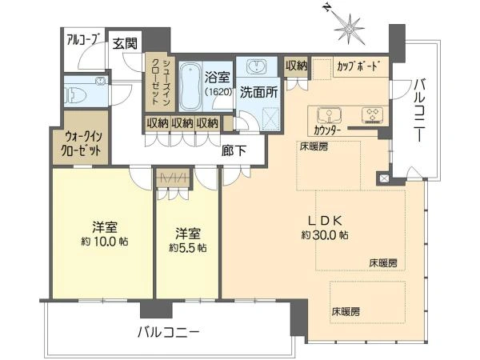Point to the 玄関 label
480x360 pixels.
pos(123,42)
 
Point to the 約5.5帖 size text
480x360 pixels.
pos(187,248)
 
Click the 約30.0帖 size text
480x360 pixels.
pos(323,235)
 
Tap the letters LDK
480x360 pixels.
pos(323,219)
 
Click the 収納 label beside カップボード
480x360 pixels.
pos(295,66)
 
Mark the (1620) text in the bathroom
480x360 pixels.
pos(216,93)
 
